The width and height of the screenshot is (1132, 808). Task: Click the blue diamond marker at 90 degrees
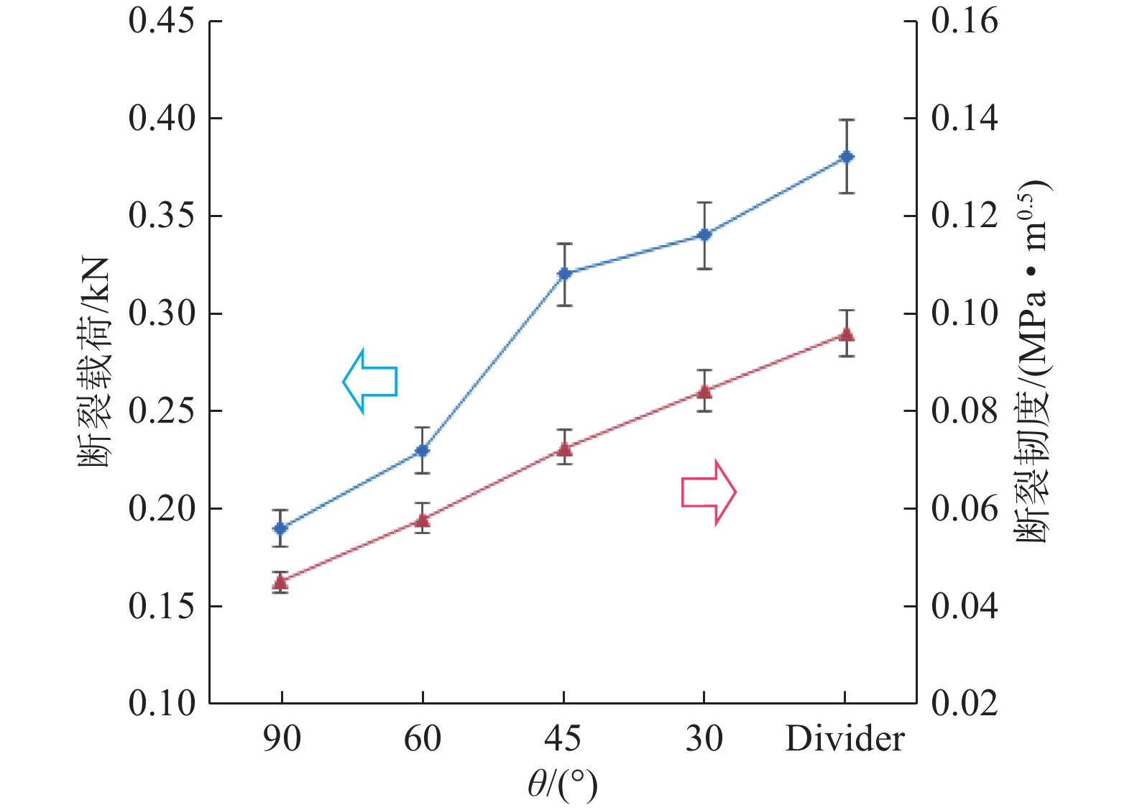coord(280,528)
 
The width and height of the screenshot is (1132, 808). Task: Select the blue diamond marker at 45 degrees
coord(564,274)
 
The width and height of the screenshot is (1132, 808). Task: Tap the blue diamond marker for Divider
coord(847,157)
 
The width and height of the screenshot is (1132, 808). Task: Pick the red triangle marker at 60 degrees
coord(423,520)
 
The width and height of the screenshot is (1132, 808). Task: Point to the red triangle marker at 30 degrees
coord(704,392)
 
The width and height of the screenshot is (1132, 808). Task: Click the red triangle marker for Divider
coord(847,334)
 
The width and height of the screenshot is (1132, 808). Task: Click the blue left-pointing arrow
coord(369,381)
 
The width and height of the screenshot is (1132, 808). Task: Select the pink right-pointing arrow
coord(709,492)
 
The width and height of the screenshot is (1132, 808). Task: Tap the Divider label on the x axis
coord(845,739)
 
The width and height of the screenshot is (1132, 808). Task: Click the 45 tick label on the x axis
coord(563,739)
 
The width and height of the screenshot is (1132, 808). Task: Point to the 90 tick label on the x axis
coord(281,739)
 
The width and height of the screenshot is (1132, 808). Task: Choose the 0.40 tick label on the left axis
coord(162,119)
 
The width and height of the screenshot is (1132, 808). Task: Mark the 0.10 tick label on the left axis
coord(162,703)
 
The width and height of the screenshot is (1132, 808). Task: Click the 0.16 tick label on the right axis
coord(965,21)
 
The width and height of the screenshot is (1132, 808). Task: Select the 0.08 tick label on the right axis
coord(965,411)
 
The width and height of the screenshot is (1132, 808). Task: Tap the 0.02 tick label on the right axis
coord(965,703)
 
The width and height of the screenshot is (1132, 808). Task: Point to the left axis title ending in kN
coord(94,362)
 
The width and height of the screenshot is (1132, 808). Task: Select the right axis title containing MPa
coord(1032,362)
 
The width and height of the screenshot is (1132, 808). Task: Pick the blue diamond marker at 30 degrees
coord(704,235)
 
